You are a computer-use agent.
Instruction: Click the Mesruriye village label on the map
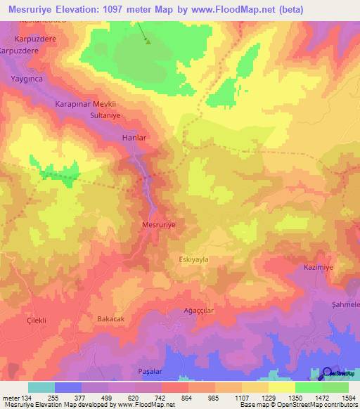coord(158,225)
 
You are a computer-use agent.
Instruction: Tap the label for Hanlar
coord(134,138)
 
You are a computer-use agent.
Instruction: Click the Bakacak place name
coord(111,318)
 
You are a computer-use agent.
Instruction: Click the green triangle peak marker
coord(148,41)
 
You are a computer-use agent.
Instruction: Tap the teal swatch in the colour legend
coord(41,387)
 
